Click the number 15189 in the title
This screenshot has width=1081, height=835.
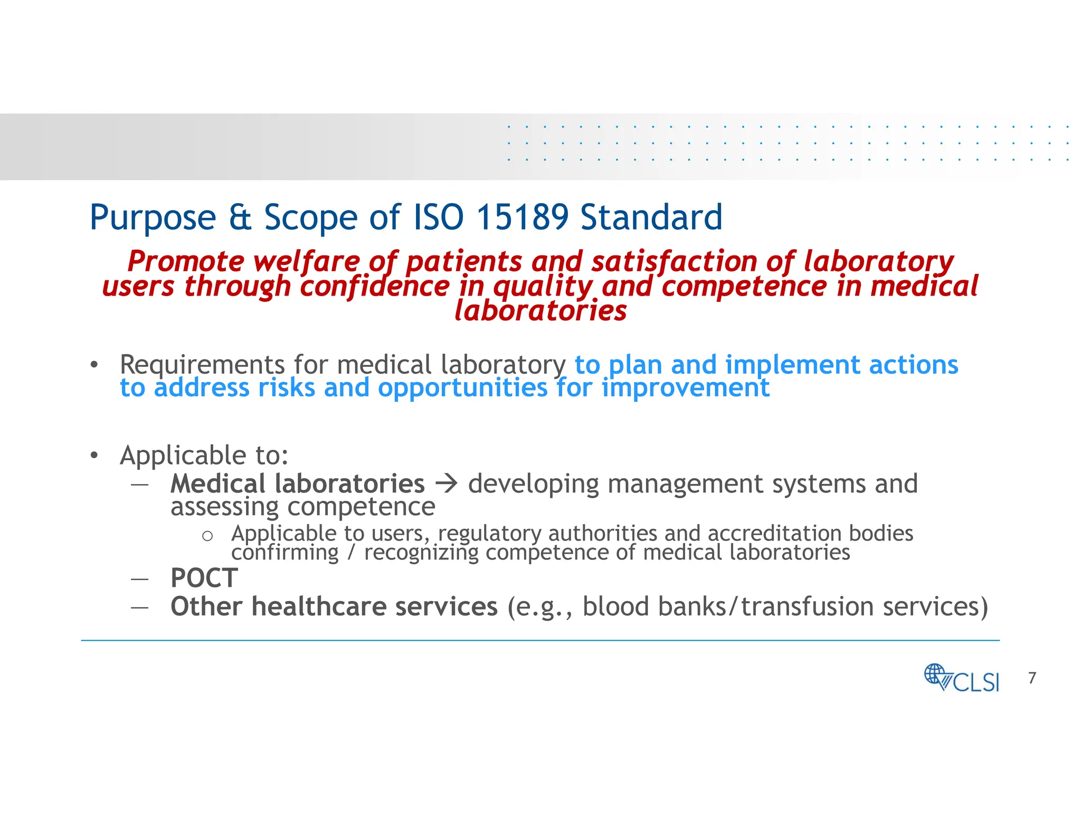[522, 217]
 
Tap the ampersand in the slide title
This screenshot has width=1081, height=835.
[240, 217]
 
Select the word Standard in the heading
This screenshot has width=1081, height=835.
[651, 217]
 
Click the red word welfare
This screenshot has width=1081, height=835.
[306, 262]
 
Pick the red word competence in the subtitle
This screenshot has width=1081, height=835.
[744, 287]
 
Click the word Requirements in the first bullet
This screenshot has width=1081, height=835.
[203, 365]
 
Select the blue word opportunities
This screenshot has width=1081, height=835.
[463, 388]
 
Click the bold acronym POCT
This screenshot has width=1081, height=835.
[204, 578]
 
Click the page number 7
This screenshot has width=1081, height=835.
[1032, 678]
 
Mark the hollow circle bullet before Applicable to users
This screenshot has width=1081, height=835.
[207, 536]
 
